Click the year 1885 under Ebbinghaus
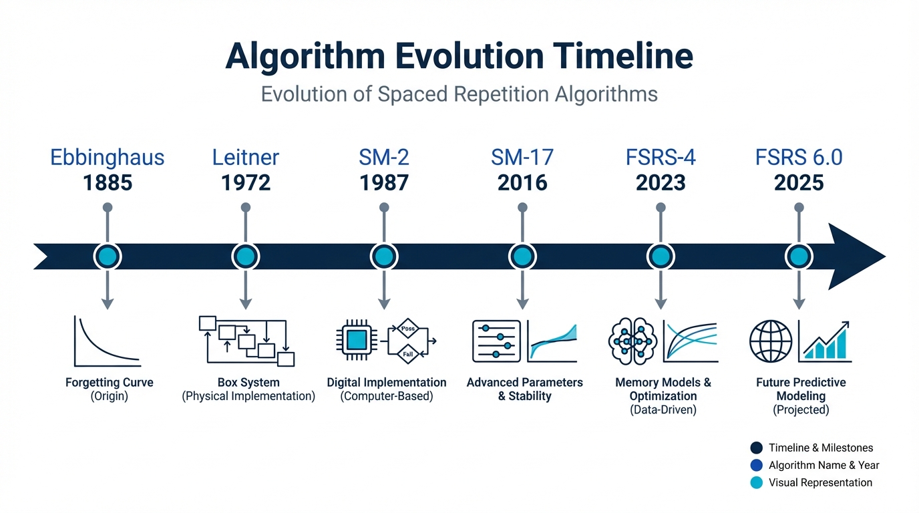(108, 182)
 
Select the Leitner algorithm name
(245, 158)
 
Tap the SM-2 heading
(383, 158)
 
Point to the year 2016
(522, 182)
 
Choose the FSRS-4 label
(661, 158)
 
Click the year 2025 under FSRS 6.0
(799, 182)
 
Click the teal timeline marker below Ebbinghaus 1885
(108, 256)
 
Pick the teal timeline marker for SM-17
(522, 256)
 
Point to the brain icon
(633, 341)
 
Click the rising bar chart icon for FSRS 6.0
(826, 341)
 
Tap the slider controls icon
(496, 341)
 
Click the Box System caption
(248, 383)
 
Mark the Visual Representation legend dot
(756, 482)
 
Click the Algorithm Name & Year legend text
(823, 465)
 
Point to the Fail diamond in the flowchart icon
(407, 353)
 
